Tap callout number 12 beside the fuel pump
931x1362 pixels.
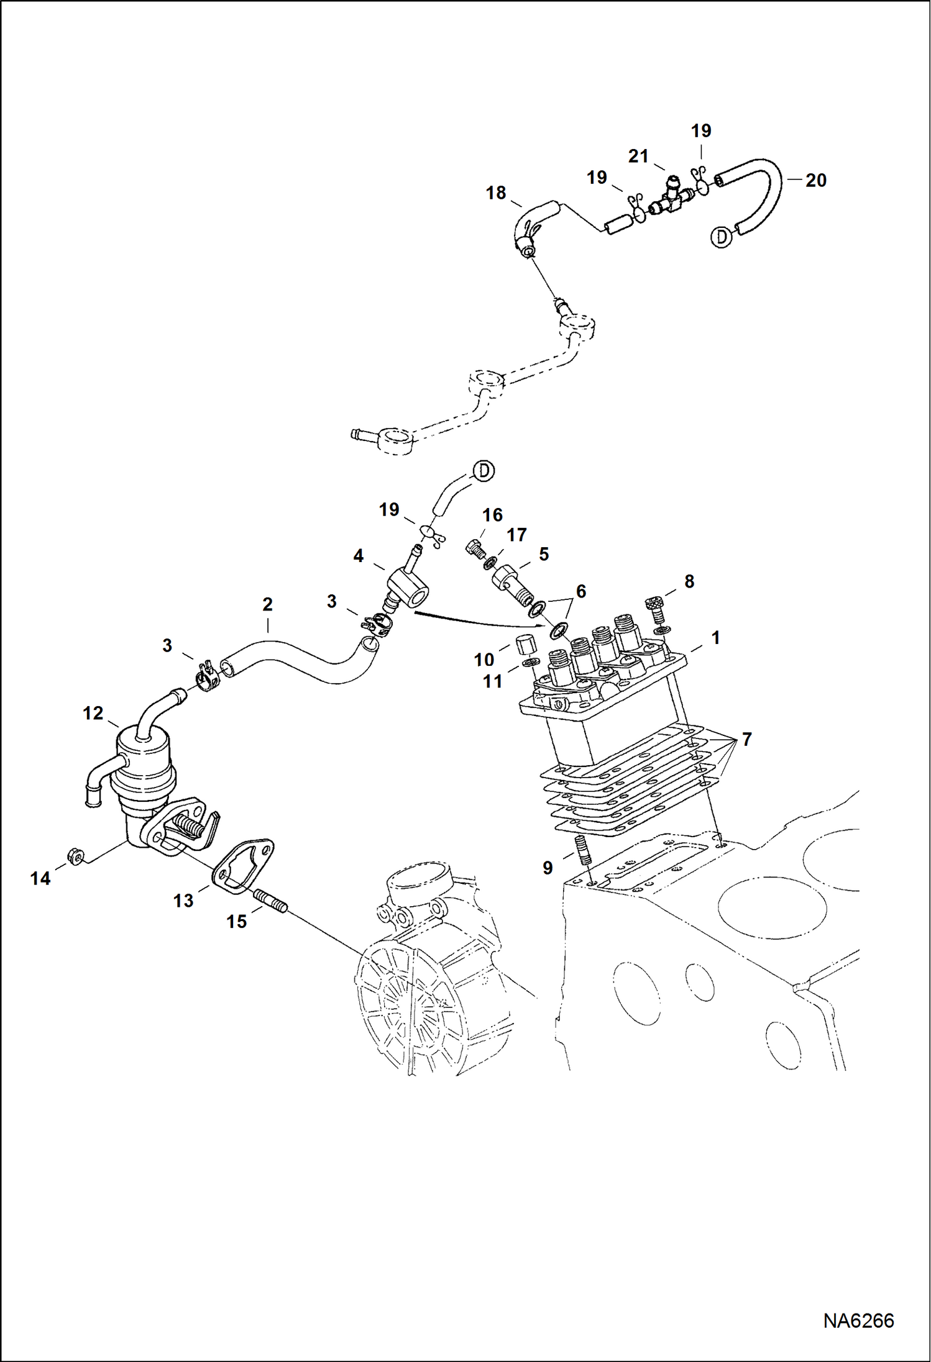point(93,713)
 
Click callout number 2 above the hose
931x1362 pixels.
point(267,604)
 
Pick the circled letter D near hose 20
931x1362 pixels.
point(721,237)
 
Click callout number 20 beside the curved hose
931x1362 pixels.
point(815,180)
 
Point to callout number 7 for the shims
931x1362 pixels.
point(746,739)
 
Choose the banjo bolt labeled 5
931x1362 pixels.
point(510,583)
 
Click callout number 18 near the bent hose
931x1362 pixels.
point(495,193)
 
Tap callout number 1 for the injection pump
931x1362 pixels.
point(715,638)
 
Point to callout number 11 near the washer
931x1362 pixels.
point(492,681)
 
